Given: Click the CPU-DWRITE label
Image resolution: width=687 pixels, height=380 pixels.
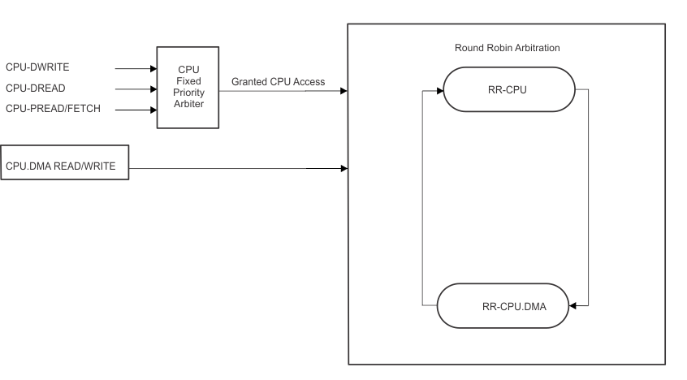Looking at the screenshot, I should (37, 70).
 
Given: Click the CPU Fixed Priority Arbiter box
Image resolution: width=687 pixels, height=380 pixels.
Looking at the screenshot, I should (188, 87).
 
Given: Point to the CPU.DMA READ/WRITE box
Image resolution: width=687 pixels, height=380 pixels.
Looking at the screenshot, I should (65, 167).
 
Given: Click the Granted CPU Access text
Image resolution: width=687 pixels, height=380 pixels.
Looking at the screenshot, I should (278, 82).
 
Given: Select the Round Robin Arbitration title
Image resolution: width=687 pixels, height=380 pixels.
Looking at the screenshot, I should (507, 48).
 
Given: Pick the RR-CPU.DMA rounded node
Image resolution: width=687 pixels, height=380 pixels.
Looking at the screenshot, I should (503, 306).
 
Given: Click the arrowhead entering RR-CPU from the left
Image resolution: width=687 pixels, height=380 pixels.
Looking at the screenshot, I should (440, 89).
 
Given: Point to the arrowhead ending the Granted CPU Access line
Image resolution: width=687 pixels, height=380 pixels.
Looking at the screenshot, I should (343, 91).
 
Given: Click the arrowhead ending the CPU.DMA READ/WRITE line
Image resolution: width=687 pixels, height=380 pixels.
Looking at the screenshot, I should (343, 169).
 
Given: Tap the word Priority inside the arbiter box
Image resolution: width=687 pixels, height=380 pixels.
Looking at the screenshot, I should (188, 93).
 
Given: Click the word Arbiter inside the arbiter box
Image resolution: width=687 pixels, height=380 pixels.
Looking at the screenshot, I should (188, 104).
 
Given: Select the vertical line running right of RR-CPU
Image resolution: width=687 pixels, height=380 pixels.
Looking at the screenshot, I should (588, 195).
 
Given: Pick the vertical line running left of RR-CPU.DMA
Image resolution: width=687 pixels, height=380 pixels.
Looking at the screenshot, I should (422, 195).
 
